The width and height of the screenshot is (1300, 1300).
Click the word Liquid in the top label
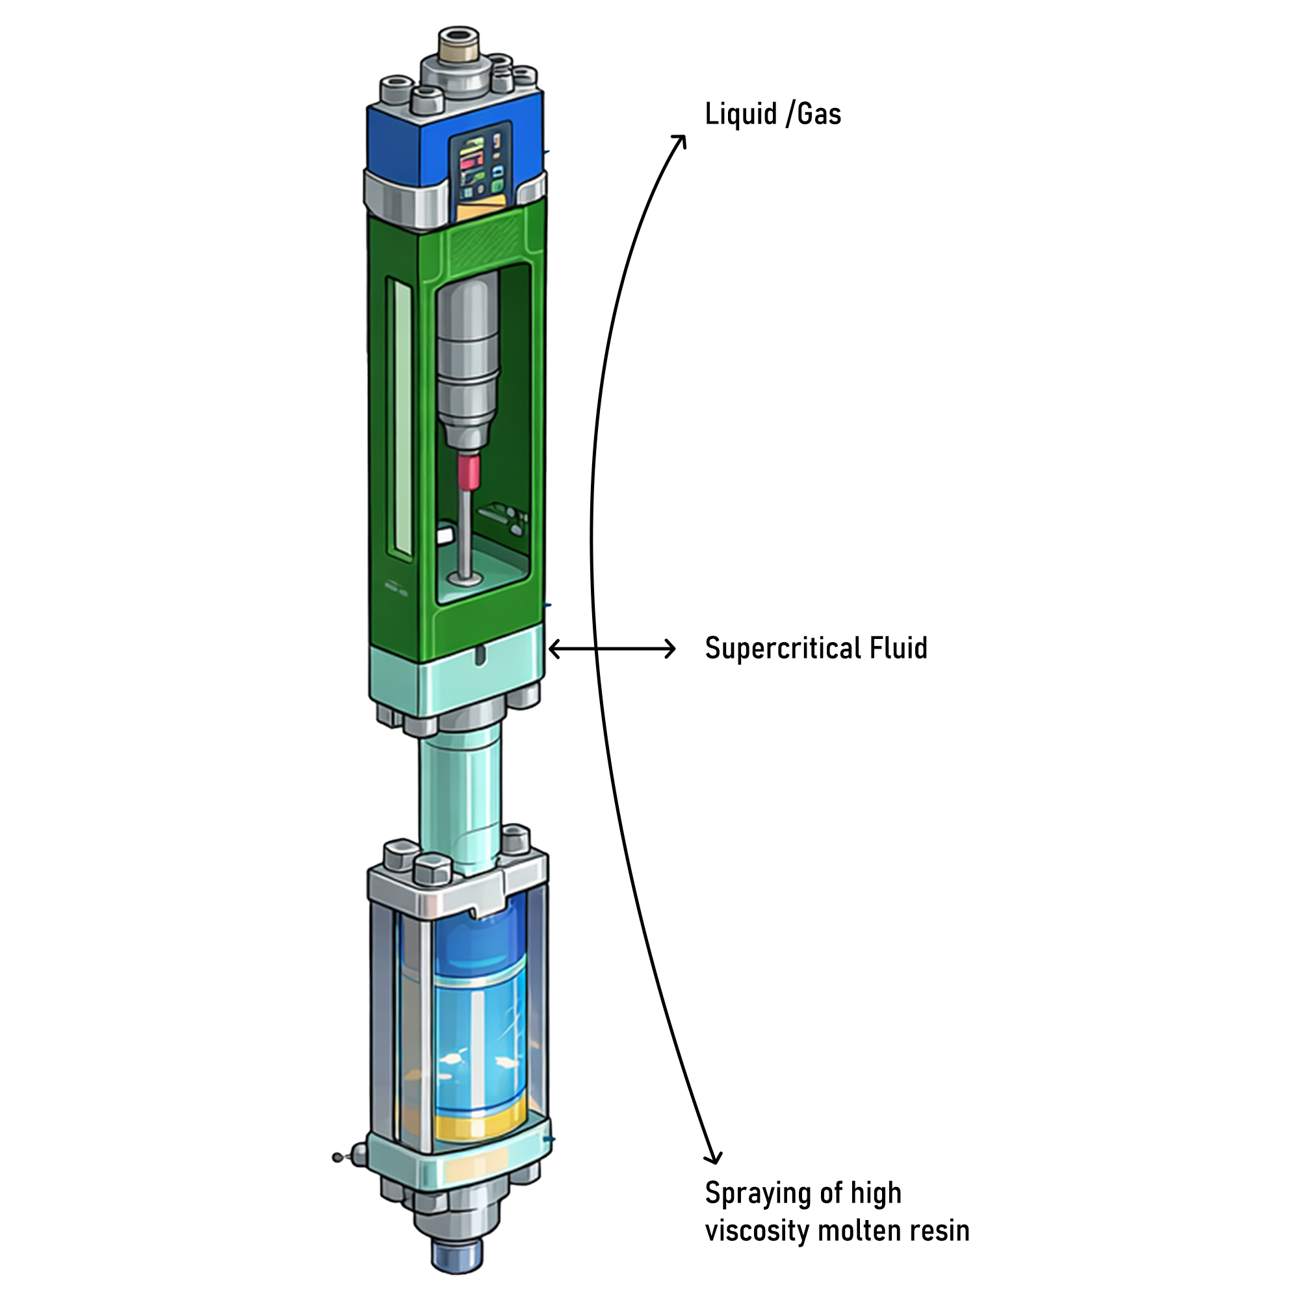(741, 114)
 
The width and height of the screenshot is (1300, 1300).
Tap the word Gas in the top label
(819, 114)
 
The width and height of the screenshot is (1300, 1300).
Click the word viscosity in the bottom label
(757, 1230)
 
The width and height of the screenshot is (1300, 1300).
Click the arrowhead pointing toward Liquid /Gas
(680, 141)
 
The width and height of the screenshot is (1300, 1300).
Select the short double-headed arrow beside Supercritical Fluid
(612, 649)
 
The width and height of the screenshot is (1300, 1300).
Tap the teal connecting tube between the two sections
(460, 794)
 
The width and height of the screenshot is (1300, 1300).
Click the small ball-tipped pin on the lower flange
(339, 1158)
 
